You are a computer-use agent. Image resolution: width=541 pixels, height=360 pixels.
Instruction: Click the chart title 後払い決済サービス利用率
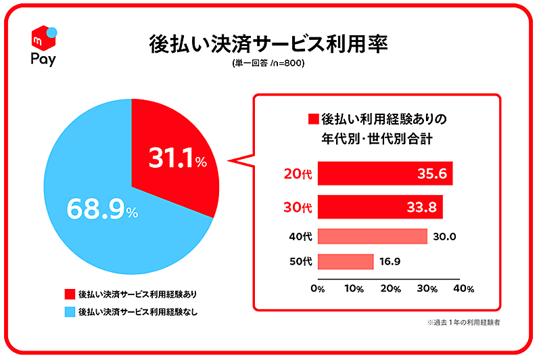tap(269, 44)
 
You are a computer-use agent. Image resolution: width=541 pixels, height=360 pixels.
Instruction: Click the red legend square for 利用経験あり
tap(69, 294)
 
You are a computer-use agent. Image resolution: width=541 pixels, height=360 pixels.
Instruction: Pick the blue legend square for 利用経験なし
tap(69, 312)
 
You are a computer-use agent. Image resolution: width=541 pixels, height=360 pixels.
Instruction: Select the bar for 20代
tap(384, 173)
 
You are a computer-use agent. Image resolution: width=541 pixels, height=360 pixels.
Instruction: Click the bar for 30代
tap(379, 206)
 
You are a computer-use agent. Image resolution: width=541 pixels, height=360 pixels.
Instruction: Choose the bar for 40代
tap(372, 236)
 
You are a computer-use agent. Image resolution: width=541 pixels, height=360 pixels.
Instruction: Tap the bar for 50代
tap(345, 261)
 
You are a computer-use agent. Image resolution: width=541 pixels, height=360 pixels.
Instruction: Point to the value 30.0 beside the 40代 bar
tap(446, 236)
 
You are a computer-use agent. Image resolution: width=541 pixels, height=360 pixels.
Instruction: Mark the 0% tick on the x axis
tap(317, 288)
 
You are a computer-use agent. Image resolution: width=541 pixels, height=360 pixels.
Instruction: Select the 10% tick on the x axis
tap(354, 288)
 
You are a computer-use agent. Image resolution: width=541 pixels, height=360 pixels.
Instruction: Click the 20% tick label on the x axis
tap(390, 288)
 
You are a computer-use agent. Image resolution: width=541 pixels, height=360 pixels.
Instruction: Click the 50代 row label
tap(298, 261)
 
